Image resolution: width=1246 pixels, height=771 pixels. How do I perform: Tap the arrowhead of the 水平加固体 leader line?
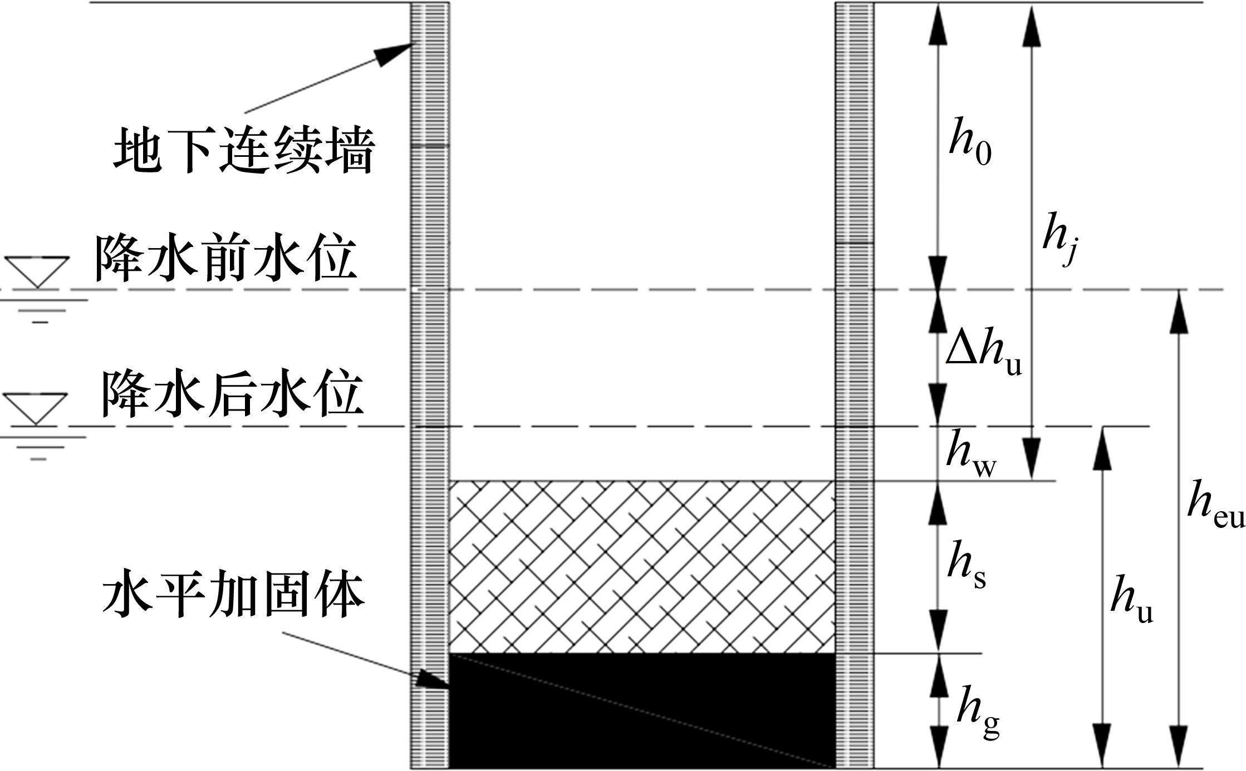[x=432, y=680]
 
